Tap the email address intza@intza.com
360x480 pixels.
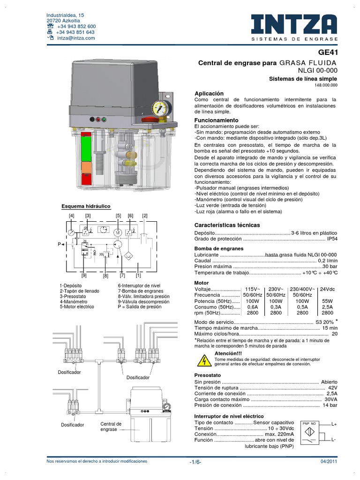76,38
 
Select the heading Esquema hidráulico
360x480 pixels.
86,206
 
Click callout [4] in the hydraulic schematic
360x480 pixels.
71,215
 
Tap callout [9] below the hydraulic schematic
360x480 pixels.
84,276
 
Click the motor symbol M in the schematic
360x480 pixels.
119,232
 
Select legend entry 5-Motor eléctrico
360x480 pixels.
77,307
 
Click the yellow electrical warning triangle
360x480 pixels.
204,360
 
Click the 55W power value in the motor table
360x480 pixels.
327,301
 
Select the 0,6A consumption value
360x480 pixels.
252,307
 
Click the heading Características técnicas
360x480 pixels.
227,225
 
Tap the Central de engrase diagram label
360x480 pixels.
111,427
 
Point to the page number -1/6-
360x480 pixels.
195,462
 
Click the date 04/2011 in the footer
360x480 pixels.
329,462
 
